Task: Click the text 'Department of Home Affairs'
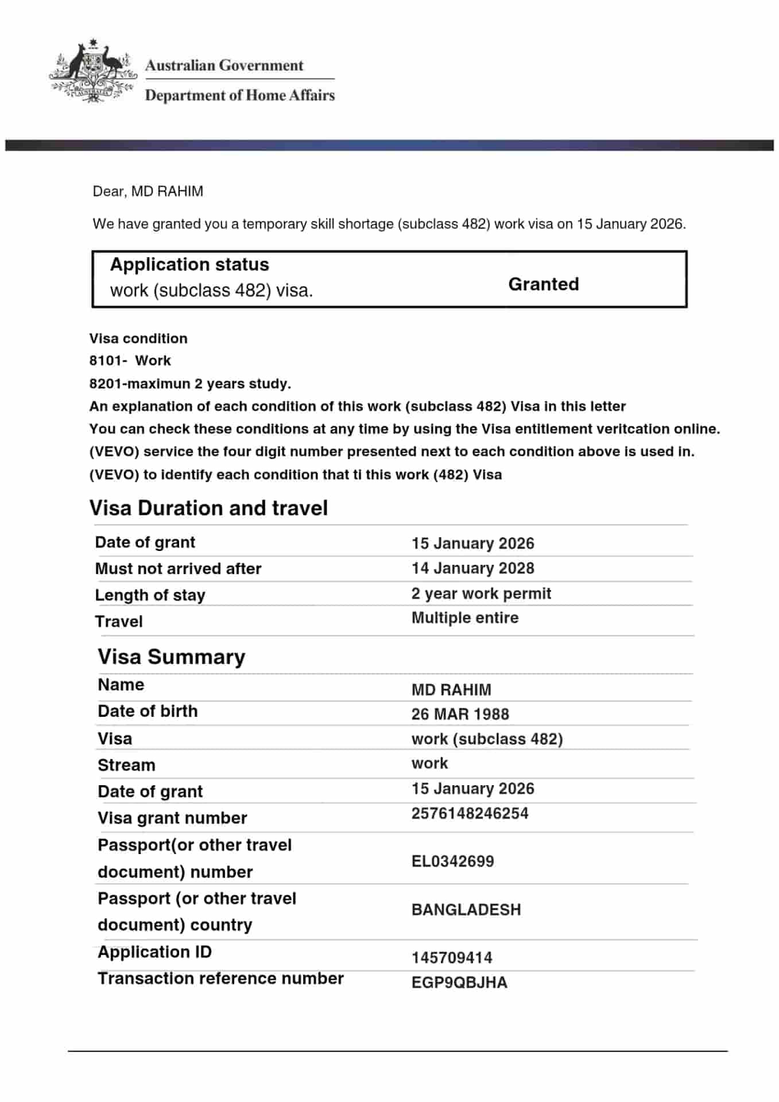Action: [239, 95]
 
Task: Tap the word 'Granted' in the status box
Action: [543, 284]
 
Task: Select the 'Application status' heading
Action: [189, 265]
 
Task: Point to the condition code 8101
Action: [106, 361]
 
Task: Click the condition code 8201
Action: [106, 383]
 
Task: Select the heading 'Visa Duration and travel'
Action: [208, 508]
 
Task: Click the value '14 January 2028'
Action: [472, 568]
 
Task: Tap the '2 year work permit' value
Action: [480, 593]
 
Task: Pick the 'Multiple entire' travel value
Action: [464, 618]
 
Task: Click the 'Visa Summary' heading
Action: [171, 657]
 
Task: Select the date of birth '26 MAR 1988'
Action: [460, 714]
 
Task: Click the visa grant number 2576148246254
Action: [470, 813]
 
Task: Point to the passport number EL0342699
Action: [452, 861]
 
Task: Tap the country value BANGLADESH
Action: [466, 910]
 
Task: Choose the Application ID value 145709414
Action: [452, 958]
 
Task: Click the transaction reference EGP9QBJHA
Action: [459, 983]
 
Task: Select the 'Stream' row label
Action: [126, 765]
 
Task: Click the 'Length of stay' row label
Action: [150, 595]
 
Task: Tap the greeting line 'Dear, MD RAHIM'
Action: [148, 191]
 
